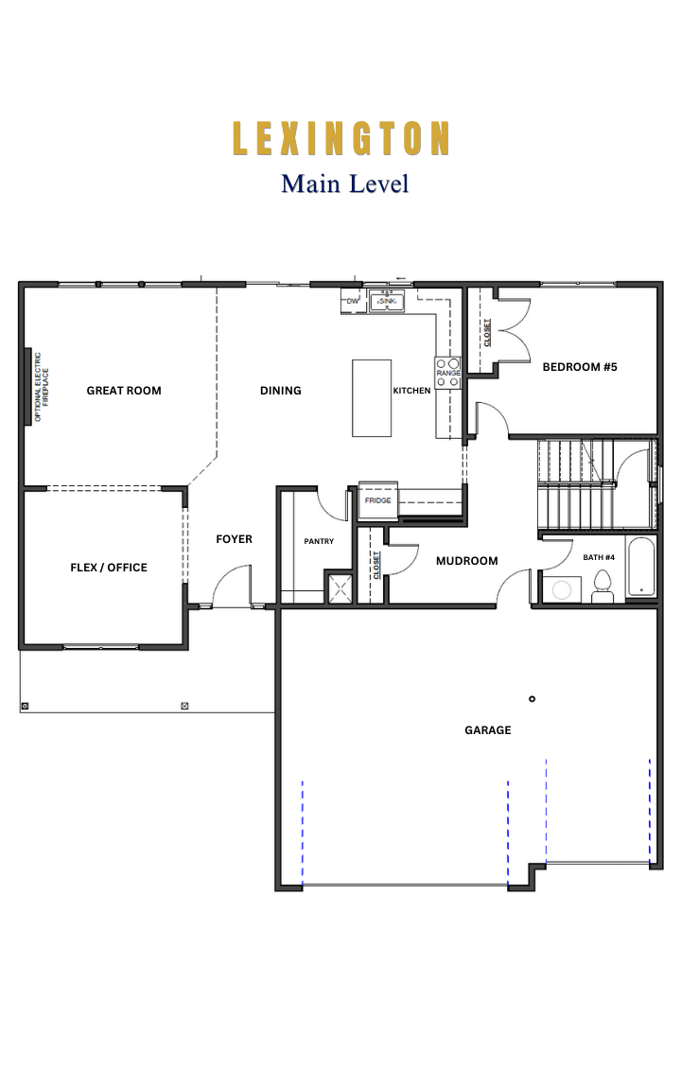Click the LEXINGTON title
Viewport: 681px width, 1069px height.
(340, 138)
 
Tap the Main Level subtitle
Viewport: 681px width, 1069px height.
(345, 184)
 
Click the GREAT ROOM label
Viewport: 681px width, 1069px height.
(124, 391)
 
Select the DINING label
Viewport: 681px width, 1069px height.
(281, 391)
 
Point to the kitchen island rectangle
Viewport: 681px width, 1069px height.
(372, 398)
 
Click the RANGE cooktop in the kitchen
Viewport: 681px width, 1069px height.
(448, 373)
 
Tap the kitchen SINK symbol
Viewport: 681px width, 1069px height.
(387, 301)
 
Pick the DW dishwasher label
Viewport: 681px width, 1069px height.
(353, 301)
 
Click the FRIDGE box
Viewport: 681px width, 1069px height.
(377, 499)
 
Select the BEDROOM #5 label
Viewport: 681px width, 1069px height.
(580, 367)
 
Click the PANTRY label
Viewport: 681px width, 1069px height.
(319, 541)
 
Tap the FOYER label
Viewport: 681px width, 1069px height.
(234, 539)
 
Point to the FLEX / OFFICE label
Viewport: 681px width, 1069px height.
(109, 568)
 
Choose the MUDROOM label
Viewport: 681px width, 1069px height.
(467, 561)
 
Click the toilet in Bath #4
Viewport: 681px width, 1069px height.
(602, 587)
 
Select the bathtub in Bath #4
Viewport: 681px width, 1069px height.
(640, 568)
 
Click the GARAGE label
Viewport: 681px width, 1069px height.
(488, 730)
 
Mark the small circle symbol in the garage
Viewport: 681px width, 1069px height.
(533, 699)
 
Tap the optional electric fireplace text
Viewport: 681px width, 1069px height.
(42, 387)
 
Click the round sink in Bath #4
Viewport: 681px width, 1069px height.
(562, 589)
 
